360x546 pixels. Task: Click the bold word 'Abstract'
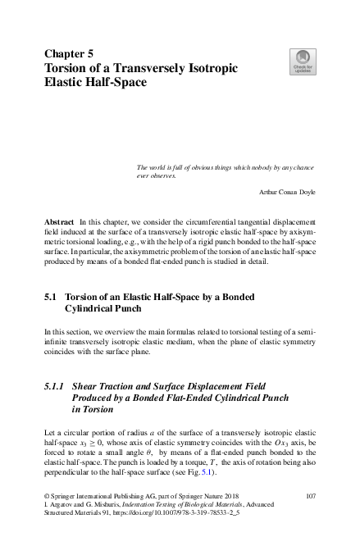coord(59,222)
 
